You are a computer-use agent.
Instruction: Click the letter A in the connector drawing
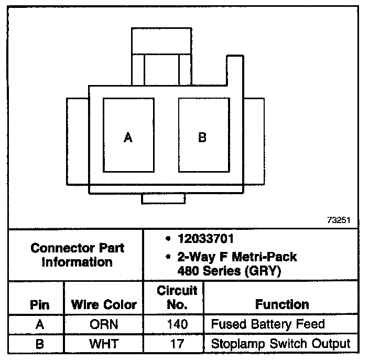(128, 137)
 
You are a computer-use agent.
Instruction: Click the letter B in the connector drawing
(202, 137)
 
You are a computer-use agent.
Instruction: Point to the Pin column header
(40, 304)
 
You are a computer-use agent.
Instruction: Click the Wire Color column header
(104, 304)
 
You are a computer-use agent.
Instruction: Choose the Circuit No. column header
(173, 297)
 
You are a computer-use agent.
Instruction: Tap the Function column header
(282, 304)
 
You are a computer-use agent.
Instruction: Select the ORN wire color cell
(104, 324)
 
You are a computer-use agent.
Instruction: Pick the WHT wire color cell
(104, 344)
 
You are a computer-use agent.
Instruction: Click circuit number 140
(173, 324)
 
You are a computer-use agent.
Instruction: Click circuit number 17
(173, 344)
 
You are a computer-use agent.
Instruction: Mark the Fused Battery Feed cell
(267, 324)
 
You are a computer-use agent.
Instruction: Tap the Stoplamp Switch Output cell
(280, 344)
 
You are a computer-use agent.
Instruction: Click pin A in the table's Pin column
(40, 324)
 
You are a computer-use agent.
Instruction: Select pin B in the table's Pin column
(40, 344)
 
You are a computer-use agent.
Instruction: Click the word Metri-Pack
(266, 257)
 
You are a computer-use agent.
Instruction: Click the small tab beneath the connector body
(164, 198)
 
